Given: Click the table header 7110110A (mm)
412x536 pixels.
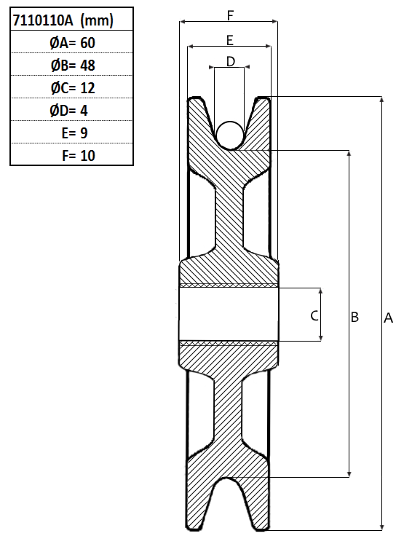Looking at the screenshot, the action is coord(63,20).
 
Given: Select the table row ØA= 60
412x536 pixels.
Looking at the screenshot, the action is coord(72,43).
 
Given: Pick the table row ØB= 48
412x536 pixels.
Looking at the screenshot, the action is coord(73,66).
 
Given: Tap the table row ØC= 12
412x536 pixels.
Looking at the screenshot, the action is coord(73,88).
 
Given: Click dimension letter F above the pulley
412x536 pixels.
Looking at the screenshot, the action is coord(230,15).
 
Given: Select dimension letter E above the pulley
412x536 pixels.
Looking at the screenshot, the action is coord(230,40).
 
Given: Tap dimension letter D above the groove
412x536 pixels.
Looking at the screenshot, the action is coord(231,62).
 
